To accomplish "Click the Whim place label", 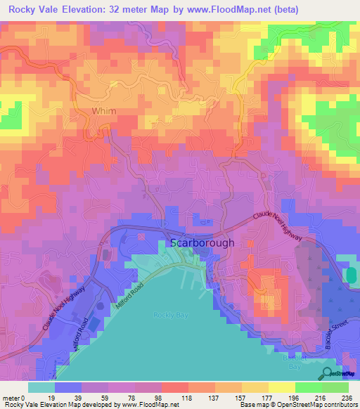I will [103, 112].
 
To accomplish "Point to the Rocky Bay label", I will [168, 314].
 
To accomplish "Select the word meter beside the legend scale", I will [11, 397].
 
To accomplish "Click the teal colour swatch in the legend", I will [41, 387].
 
